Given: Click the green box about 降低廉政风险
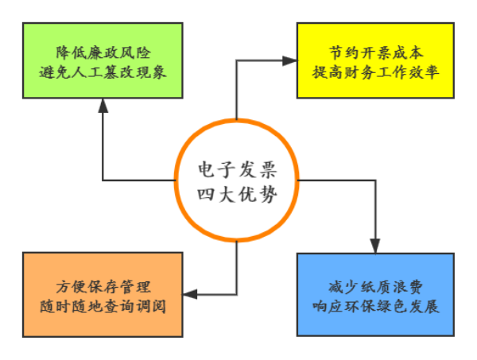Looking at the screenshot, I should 103,60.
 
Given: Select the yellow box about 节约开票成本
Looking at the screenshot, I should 374,60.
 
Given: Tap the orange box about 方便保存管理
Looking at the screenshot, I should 103,295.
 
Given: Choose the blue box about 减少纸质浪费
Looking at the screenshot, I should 374,295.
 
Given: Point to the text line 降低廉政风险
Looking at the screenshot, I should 103,52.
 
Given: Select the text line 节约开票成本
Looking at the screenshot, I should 374,52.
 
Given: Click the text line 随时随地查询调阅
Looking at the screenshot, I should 103,304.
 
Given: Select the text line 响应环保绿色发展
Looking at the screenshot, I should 374,304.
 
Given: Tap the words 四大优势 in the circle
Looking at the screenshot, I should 237,192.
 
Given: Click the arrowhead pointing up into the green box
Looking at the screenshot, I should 103,106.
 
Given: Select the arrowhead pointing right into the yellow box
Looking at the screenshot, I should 289,60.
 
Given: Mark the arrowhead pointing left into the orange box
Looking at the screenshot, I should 190,295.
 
